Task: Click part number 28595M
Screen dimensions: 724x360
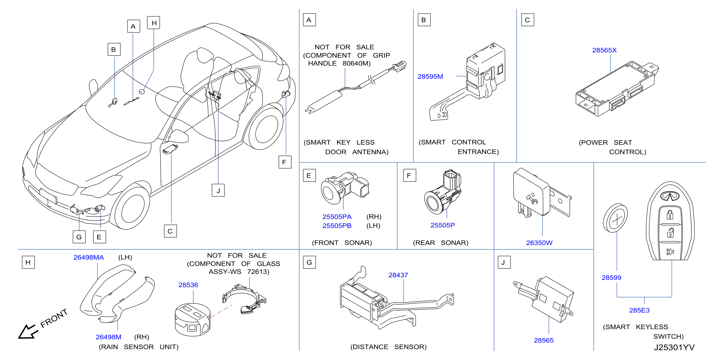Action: (x=430, y=76)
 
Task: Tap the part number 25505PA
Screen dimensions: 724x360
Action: (x=337, y=217)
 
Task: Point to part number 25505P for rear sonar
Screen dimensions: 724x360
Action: (x=442, y=225)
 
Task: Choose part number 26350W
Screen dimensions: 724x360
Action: (x=539, y=243)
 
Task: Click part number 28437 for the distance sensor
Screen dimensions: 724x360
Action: (x=398, y=275)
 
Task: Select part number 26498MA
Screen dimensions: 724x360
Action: (x=88, y=257)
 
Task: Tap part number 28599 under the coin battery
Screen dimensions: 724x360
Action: (x=611, y=278)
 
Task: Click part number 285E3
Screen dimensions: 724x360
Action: (x=639, y=310)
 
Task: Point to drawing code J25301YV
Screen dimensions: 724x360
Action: (x=674, y=347)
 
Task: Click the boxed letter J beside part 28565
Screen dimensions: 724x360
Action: (x=504, y=262)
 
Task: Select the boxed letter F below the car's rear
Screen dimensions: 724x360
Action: (x=285, y=162)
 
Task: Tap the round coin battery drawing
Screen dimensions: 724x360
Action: (x=615, y=218)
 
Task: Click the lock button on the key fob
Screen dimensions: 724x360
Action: (x=670, y=215)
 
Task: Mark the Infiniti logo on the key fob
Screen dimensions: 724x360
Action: (x=670, y=196)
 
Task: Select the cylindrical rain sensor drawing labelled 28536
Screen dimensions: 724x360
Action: (x=193, y=319)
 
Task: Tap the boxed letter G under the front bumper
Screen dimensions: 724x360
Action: (x=79, y=237)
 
